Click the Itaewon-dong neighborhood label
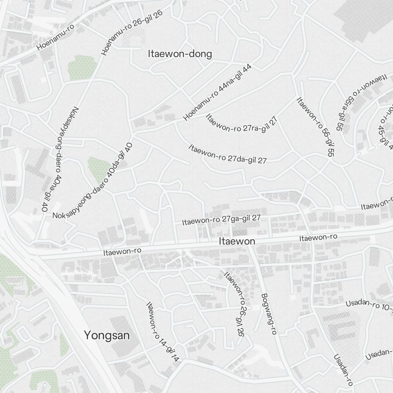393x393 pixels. pyautogui.click(x=180, y=54)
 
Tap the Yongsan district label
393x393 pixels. pyautogui.click(x=107, y=335)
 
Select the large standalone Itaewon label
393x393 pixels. pyautogui.click(x=237, y=241)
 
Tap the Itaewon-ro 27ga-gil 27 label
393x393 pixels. pyautogui.click(x=221, y=220)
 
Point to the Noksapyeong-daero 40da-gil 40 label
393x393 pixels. pyautogui.click(x=93, y=181)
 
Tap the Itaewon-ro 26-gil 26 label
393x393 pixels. pyautogui.click(x=235, y=303)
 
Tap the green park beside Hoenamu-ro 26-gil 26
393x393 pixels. pyautogui.click(x=81, y=67)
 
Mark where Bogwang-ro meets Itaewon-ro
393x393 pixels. pyautogui.click(x=251, y=244)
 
